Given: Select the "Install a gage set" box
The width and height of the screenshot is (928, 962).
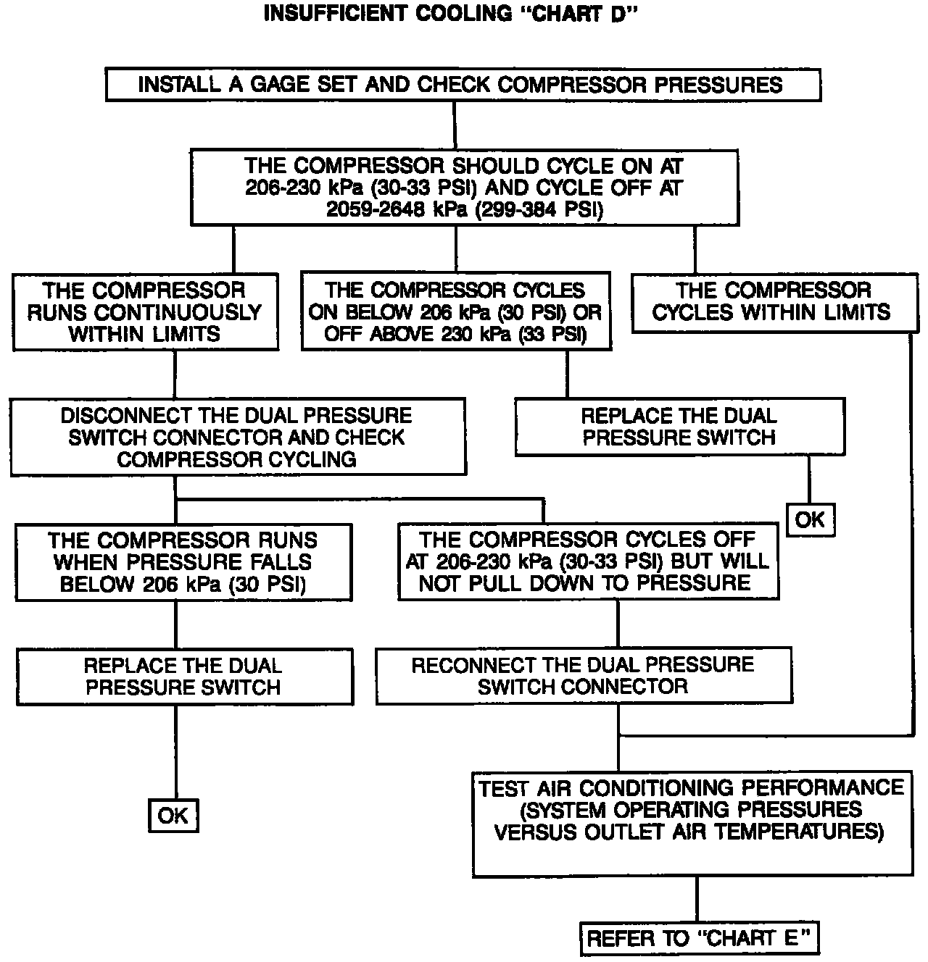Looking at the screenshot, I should [x=463, y=85].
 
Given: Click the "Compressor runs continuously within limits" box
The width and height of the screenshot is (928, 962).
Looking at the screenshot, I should [x=145, y=311].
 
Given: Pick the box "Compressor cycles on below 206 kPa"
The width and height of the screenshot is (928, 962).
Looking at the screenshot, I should [x=455, y=311].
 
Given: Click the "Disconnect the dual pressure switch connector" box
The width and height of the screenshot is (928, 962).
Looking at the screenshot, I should [x=237, y=437].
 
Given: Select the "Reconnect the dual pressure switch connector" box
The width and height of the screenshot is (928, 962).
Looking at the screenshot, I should [x=583, y=675].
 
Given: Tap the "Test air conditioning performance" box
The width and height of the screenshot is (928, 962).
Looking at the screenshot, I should [x=692, y=823].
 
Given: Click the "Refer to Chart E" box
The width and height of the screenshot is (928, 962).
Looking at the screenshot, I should [x=700, y=939].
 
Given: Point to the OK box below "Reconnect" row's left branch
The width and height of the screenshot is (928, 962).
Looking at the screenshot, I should [x=173, y=816].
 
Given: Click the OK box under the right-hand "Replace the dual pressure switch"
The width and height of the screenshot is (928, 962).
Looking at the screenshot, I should [x=810, y=519].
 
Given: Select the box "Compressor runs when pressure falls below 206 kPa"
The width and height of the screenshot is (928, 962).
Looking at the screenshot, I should [x=183, y=562].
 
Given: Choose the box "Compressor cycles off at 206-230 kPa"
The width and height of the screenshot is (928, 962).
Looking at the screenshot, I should [x=588, y=561].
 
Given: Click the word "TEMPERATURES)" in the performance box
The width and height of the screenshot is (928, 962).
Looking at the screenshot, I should [x=820, y=832].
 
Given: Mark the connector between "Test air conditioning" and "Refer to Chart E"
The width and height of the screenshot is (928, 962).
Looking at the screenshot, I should [x=697, y=899].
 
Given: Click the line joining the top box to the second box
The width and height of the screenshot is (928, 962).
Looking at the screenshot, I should [x=455, y=125].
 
